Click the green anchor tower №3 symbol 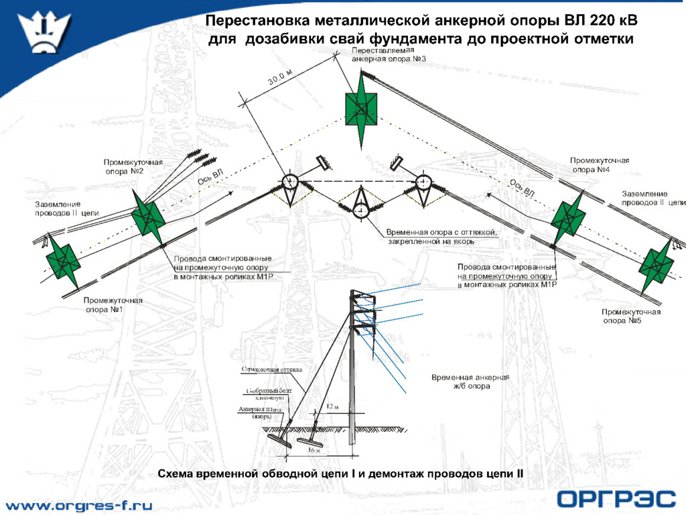pos(360,108)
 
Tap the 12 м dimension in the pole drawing pos(332,406)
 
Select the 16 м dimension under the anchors pos(314,451)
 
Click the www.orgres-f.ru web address pos(79,505)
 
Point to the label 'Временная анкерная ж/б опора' pos(470,382)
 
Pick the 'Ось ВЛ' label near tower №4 pos(522,188)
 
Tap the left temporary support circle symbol pos(290,182)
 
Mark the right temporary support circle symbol pos(423,182)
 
